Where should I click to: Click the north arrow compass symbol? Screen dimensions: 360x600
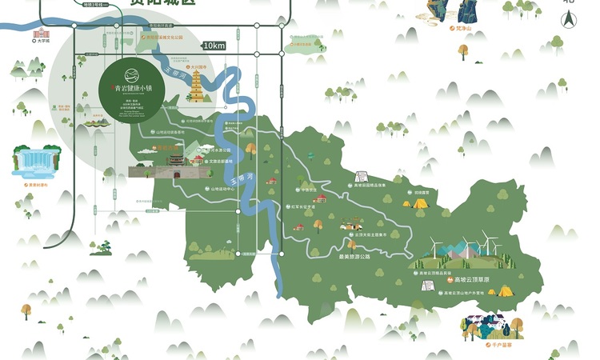click(x=569, y=18)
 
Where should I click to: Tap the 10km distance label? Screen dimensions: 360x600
click(x=214, y=46)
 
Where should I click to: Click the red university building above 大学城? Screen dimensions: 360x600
click(x=40, y=32)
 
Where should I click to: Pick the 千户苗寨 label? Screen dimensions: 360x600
click(x=490, y=343)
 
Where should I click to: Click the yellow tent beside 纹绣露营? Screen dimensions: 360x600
click(x=419, y=203)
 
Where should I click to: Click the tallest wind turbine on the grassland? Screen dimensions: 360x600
click(x=486, y=241)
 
